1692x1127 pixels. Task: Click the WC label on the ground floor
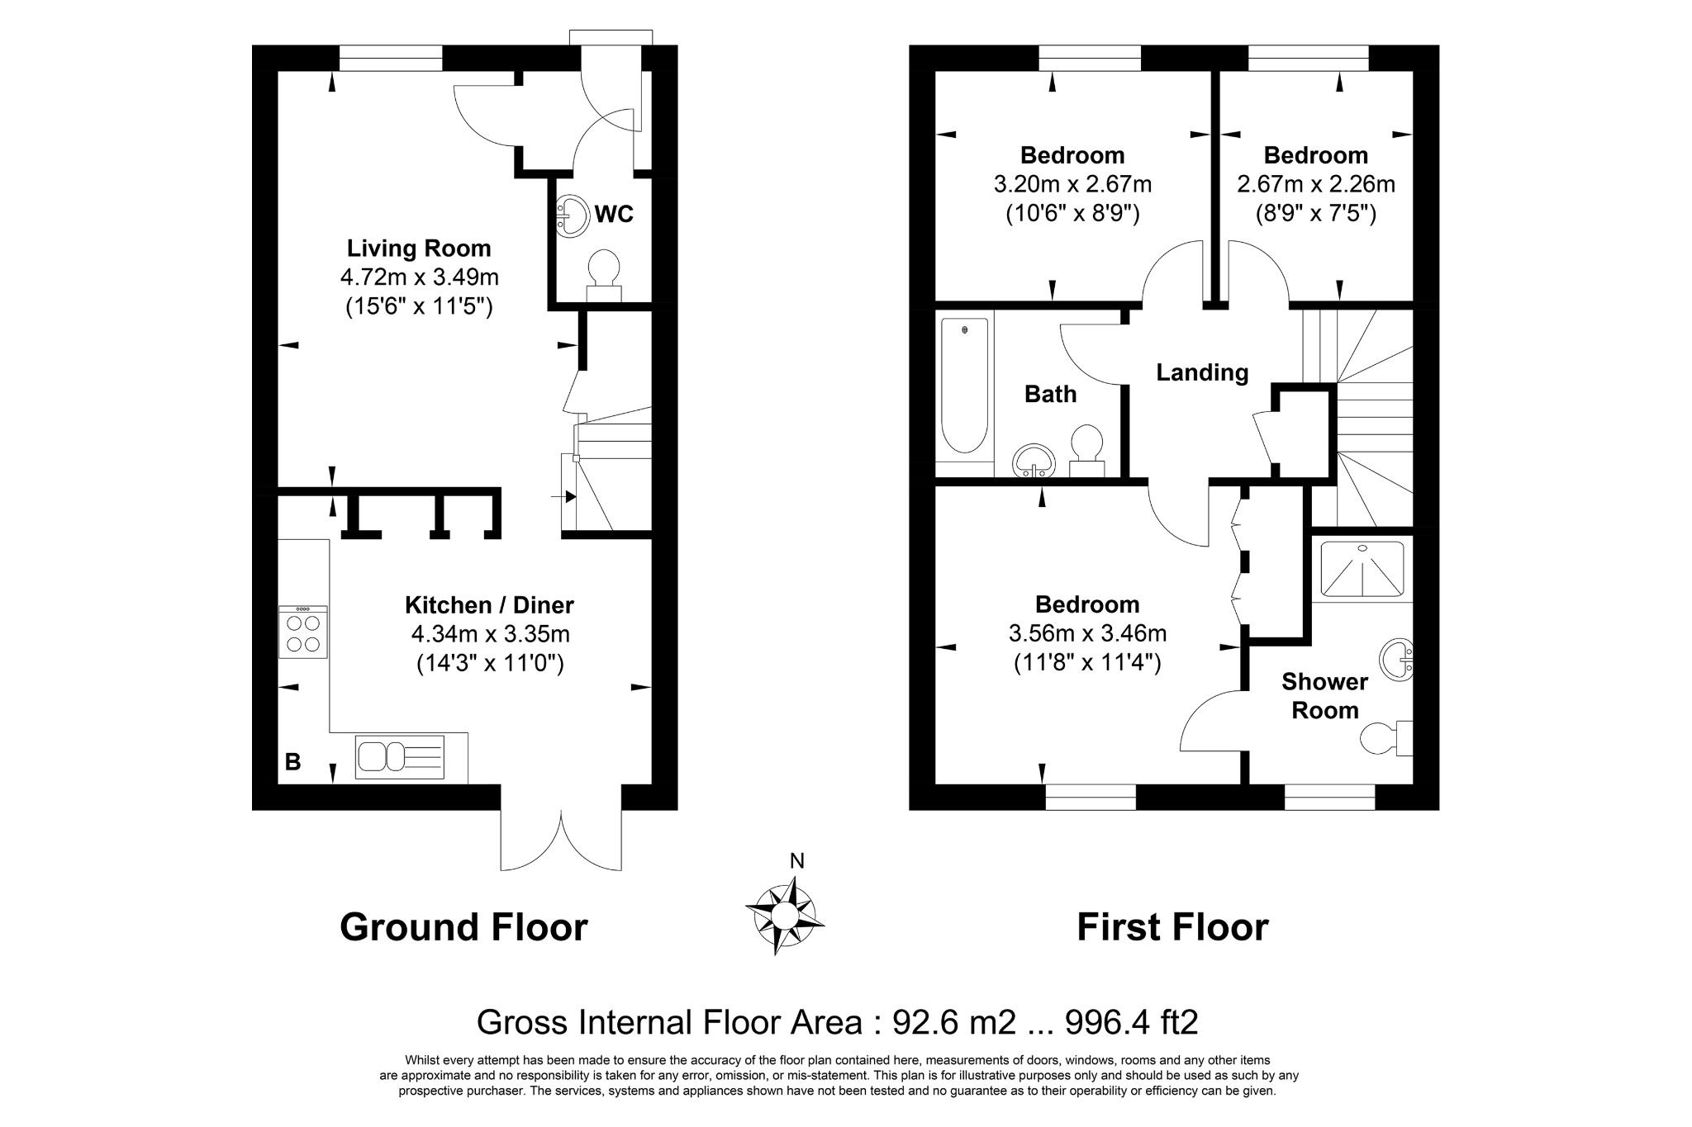[x=614, y=215]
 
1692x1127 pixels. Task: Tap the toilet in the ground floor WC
[x=604, y=277]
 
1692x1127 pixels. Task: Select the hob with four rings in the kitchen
[x=303, y=632]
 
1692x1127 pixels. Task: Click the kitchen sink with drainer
[x=400, y=756]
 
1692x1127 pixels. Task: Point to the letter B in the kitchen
[x=292, y=762]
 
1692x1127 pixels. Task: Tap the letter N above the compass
[x=797, y=861]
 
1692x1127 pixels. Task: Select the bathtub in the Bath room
[x=965, y=386]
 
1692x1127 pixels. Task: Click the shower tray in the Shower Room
[x=1362, y=568]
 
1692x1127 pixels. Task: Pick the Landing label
[x=1202, y=372]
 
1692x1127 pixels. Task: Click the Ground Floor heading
[x=463, y=927]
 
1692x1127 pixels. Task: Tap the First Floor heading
[x=1172, y=927]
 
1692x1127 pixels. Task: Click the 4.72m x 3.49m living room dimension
[x=419, y=277]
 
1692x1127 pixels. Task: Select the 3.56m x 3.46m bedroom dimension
[x=1087, y=633]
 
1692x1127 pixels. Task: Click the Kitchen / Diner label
[x=489, y=605]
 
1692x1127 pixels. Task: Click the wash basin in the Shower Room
[x=1397, y=660]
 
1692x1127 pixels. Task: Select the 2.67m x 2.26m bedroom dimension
[x=1316, y=183]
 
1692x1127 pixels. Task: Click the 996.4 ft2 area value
[x=1132, y=1022]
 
